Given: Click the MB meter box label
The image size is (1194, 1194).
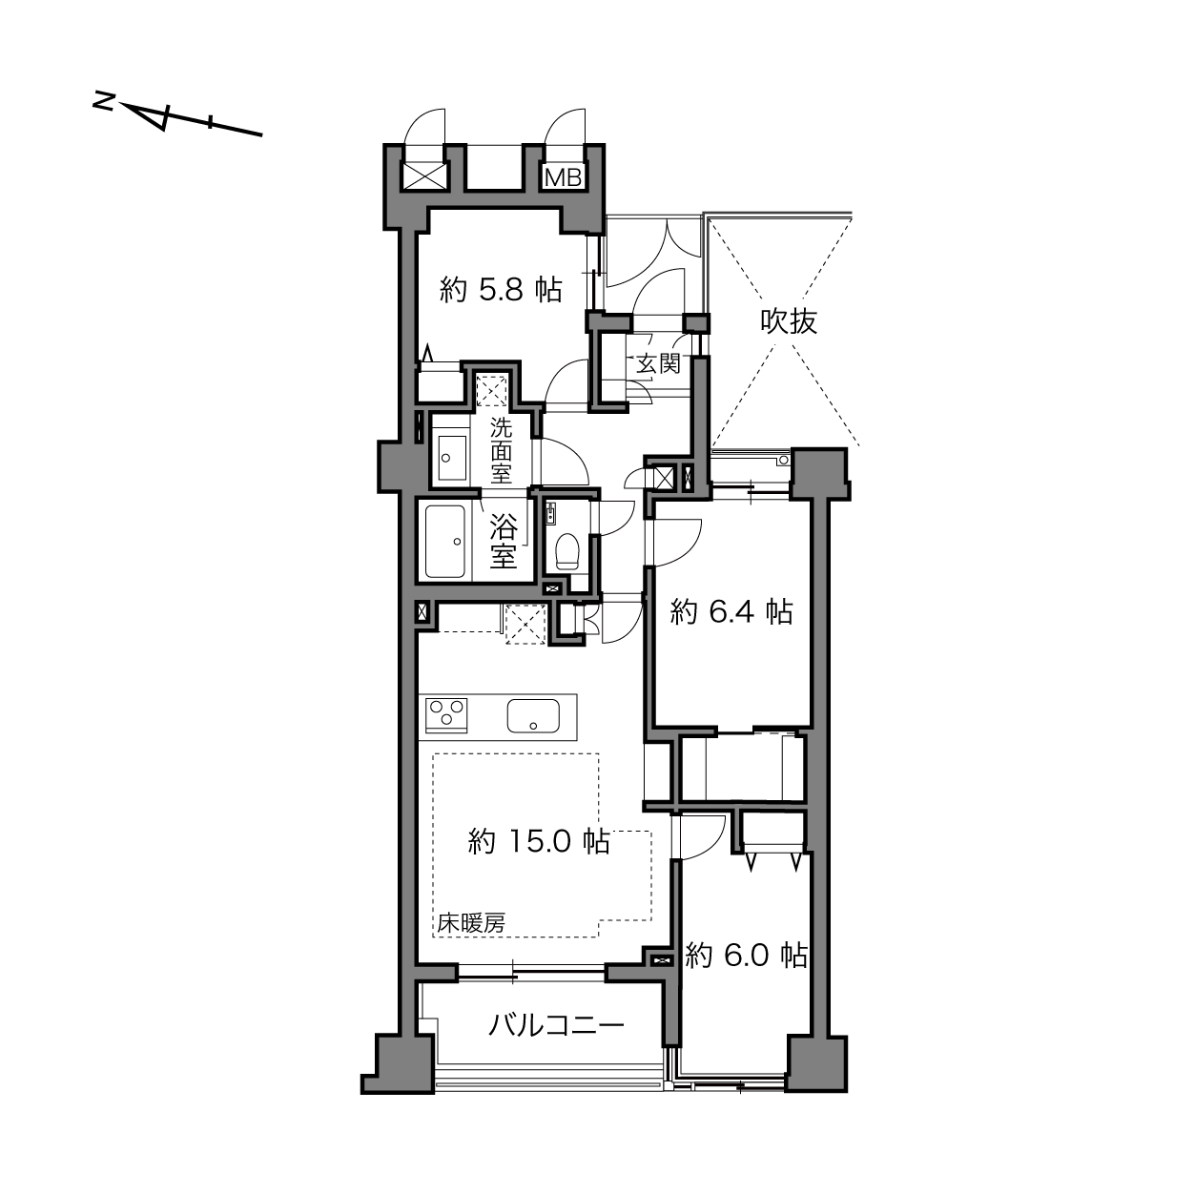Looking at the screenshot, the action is click(564, 177).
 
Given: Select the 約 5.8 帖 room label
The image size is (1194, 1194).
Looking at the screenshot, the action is click(501, 290).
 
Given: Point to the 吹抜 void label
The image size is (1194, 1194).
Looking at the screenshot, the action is click(789, 321).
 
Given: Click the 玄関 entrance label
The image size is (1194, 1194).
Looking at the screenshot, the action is click(659, 363).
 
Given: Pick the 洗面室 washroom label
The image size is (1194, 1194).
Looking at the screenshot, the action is click(502, 451).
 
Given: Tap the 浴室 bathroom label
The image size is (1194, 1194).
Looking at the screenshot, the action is click(504, 542).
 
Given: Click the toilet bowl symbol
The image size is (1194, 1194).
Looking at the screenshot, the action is click(566, 551).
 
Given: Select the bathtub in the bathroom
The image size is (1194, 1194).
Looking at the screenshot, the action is click(444, 542).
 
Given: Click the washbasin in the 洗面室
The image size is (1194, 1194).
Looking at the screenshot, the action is click(452, 457).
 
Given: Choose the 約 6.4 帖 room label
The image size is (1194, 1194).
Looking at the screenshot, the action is click(731, 613).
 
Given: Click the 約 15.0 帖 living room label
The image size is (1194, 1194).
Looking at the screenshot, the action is click(539, 841).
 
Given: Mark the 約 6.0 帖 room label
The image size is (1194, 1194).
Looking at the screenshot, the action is click(746, 956).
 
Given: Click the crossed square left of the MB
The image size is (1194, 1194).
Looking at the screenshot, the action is click(424, 177).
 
